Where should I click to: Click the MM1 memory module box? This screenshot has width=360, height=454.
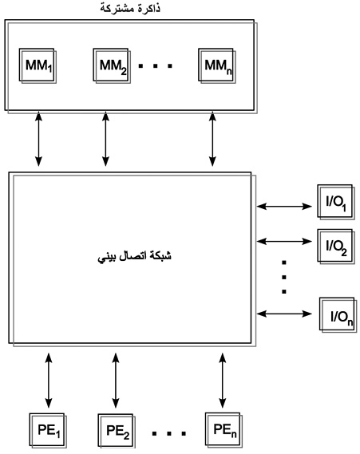tap(38, 65)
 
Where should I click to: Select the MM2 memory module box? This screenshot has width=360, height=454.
tap(112, 65)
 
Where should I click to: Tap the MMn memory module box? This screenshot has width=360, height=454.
tap(217, 65)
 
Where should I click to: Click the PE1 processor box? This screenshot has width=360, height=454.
tap(48, 431)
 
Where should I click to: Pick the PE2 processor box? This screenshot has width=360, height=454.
tap(117, 431)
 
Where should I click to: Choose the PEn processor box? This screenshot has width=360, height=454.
tap(224, 430)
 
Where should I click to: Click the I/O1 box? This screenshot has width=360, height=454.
tap(336, 202)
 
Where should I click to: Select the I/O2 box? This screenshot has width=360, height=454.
tap(336, 247)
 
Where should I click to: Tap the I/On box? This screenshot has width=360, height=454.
tap(338, 315)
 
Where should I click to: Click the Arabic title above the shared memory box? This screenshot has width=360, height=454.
tap(130, 8)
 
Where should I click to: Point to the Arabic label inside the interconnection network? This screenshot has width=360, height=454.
tap(135, 257)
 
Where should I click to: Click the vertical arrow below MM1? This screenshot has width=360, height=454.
tap(38, 140)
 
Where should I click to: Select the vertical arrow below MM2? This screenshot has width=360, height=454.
tap(105, 140)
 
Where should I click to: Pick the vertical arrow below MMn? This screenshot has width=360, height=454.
tap(212, 140)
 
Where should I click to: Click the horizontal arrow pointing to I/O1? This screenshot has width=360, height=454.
tap(284, 207)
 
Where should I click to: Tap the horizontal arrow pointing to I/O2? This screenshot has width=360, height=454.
tap(284, 241)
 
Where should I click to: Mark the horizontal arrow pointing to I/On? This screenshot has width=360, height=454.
tap(284, 314)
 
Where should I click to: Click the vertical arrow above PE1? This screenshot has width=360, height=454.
tap(49, 380)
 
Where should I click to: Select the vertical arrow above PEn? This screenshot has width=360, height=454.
tap(223, 380)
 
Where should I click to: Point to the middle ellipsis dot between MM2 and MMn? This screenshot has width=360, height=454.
tap(156, 66)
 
